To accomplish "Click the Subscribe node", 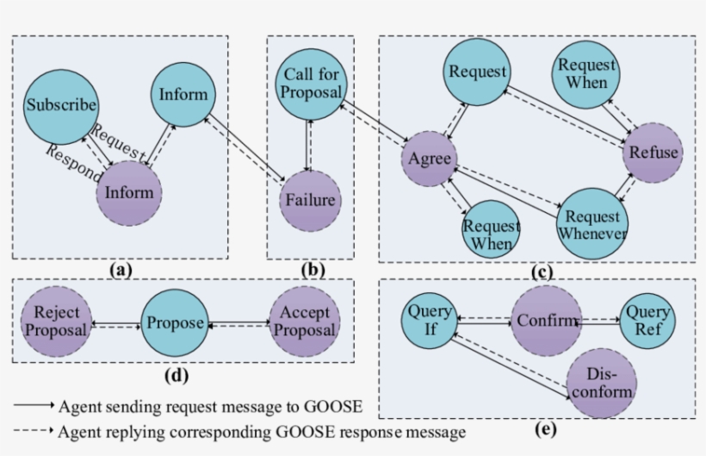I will point(61,106).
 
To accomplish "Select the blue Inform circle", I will point(183,94).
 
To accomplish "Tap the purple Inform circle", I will point(129,191).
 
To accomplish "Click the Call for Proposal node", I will point(311,84).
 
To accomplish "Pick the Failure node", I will point(311,201).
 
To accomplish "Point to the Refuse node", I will point(653,153).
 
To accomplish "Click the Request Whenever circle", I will point(592,222).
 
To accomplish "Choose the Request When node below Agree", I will point(492,234).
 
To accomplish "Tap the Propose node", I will point(175,323).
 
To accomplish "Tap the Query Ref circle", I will point(647,320).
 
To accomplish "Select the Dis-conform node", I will point(601,383).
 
